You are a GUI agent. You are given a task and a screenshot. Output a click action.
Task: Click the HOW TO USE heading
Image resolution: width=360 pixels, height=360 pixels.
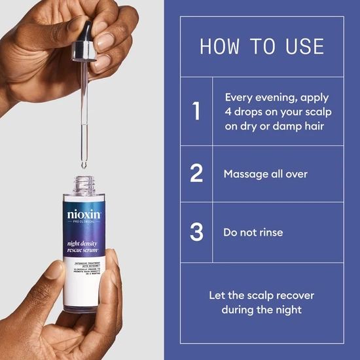tap(261, 47)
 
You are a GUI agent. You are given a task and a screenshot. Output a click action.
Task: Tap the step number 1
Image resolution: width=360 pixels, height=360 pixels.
tap(196, 111)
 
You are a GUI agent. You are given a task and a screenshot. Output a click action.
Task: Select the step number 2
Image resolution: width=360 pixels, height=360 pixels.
tap(196, 174)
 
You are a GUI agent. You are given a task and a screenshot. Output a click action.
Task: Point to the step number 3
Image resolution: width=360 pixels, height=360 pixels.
tap(196, 232)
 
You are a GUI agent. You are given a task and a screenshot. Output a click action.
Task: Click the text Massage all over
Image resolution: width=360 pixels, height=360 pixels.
tap(265, 174)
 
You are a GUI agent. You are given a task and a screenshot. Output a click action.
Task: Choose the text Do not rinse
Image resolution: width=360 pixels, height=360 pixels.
tap(253, 232)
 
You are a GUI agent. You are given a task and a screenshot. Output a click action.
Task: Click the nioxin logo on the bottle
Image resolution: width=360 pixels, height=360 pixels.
tap(84, 213)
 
